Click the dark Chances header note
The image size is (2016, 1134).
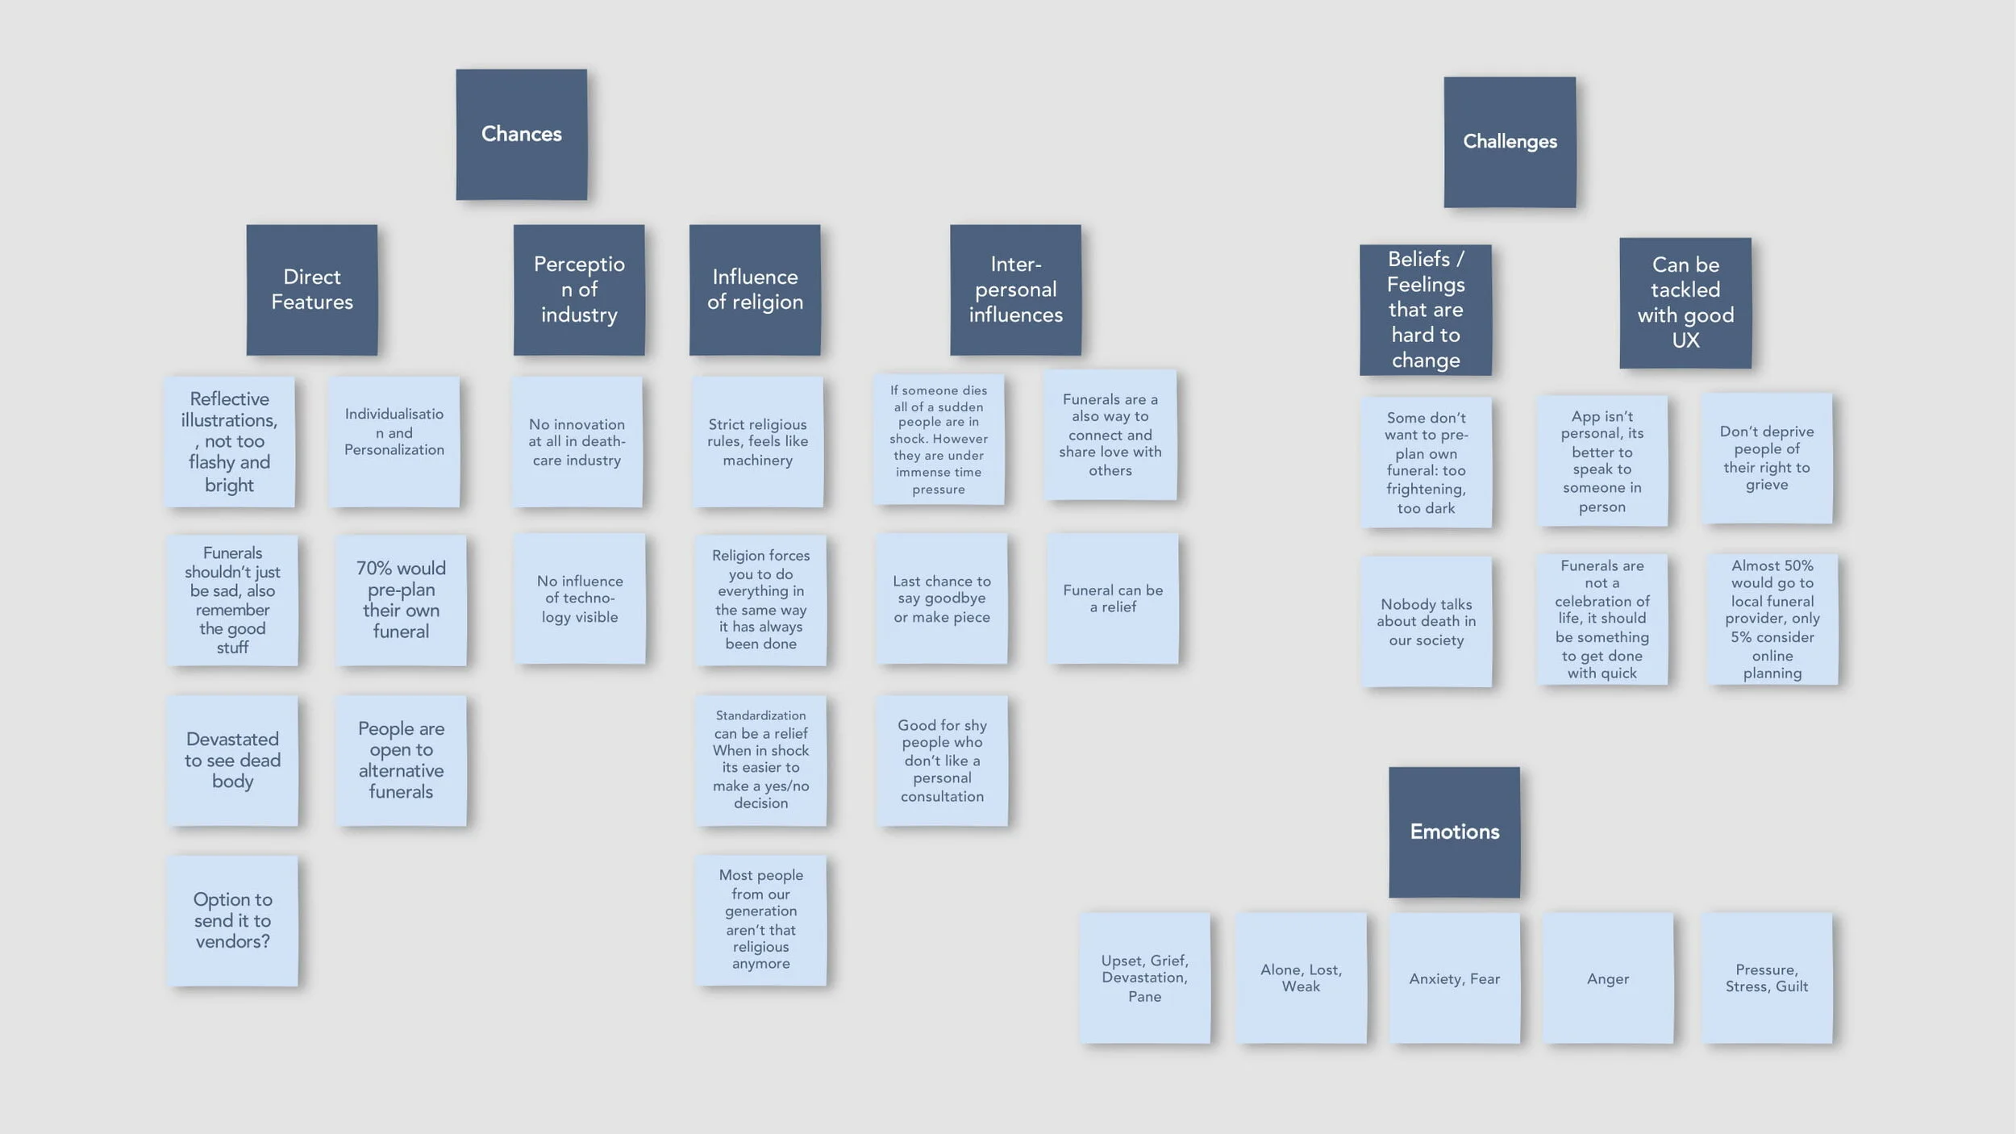coord(521,134)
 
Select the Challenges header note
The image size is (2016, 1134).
coord(1510,142)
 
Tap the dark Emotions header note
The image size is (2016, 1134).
coord(1454,832)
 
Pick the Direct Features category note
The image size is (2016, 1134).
coord(311,290)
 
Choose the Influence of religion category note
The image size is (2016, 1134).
coord(755,290)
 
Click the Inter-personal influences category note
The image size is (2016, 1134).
coord(1015,290)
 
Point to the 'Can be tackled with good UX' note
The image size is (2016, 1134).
coord(1685,302)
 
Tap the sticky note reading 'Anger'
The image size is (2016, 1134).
coord(1608,978)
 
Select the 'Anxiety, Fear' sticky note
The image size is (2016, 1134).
coord(1454,978)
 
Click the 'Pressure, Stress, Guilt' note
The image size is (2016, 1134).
coord(1767,978)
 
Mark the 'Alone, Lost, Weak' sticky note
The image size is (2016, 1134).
coord(1301,978)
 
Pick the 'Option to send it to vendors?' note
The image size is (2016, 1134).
coord(232,920)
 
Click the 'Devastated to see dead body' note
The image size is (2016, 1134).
coord(232,761)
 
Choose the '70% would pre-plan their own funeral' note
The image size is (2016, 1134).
coord(401,600)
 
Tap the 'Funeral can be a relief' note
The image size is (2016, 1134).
coord(1113,598)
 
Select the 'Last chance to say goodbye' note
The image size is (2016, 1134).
coord(942,598)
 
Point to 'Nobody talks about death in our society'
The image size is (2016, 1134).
coord(1426,622)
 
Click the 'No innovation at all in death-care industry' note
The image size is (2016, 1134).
coord(577,442)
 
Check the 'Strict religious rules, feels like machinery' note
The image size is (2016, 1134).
coord(757,442)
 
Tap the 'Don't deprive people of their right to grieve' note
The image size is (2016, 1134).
coord(1767,458)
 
